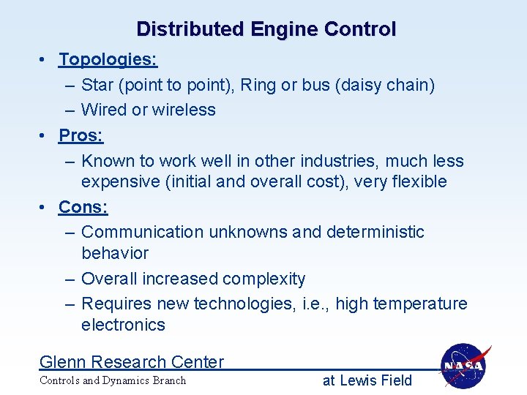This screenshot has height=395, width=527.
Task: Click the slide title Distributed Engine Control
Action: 266,29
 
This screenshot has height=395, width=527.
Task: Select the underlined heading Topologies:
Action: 108,59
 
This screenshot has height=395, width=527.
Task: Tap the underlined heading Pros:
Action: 81,135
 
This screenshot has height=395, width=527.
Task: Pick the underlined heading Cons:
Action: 83,207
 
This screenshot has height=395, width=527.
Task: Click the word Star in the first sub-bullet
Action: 98,85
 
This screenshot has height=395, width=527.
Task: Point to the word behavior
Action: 115,253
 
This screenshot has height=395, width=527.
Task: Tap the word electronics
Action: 124,325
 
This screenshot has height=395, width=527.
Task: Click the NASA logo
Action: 466,366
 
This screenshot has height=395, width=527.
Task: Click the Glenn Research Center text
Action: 132,362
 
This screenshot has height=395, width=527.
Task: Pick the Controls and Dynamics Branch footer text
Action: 113,380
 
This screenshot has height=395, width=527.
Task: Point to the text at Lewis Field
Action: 367,380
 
